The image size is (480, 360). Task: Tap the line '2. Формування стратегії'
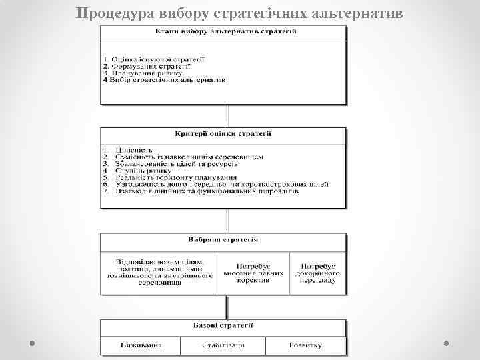pos(147,67)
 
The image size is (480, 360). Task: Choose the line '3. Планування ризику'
pos(141,73)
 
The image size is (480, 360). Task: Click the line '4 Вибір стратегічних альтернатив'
pos(164,80)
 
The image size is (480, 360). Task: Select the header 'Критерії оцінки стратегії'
pos(223,133)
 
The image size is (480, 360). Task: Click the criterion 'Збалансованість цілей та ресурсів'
pos(173,163)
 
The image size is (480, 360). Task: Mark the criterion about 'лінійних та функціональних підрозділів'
pos(200,191)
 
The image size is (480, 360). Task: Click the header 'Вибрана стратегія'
pos(223,239)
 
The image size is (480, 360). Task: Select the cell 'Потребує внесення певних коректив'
pos(253,273)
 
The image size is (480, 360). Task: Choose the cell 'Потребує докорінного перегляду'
pos(318,273)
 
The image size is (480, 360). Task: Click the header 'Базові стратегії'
pos(223,325)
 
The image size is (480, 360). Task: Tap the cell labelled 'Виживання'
pos(141,345)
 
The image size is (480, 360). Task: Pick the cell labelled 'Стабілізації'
pos(223,345)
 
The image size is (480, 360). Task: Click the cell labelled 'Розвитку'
pos(305,345)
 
